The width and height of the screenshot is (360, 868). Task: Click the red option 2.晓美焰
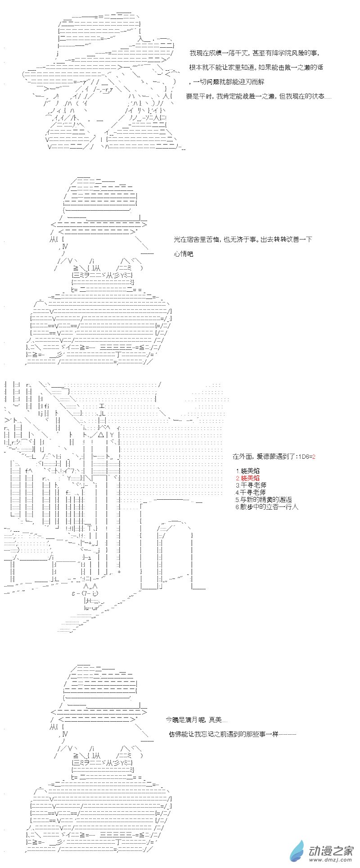247,478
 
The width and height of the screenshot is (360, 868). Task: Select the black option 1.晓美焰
247,470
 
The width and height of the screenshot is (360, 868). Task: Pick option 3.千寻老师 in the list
251,485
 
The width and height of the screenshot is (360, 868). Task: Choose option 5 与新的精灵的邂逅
264,499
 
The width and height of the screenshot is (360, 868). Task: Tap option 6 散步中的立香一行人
267,506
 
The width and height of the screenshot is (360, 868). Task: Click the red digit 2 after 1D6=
314,457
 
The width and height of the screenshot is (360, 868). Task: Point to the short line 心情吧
183,254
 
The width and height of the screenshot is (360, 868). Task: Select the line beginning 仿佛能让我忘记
233,734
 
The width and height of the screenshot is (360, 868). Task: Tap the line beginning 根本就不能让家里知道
256,67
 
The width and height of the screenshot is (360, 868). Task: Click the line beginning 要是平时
259,96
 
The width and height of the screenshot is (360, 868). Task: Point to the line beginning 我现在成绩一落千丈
254,53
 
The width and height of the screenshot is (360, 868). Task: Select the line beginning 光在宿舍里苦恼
243,239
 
